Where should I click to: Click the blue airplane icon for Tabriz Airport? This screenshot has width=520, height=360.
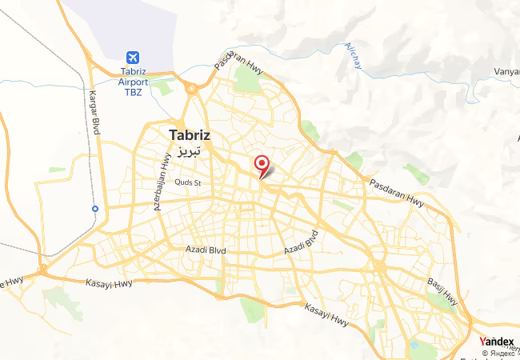click(132, 58)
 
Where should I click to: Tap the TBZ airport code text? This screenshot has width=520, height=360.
click(132, 92)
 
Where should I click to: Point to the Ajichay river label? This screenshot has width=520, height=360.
click(353, 55)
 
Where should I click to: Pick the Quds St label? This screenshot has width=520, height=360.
click(188, 182)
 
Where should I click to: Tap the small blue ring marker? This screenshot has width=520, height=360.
click(95, 209)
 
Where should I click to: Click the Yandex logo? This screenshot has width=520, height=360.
click(496, 342)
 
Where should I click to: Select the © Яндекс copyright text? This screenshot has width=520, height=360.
click(498, 353)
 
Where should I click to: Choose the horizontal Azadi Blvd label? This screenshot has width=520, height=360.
click(206, 250)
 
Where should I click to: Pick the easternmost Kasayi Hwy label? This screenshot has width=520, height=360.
click(327, 314)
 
